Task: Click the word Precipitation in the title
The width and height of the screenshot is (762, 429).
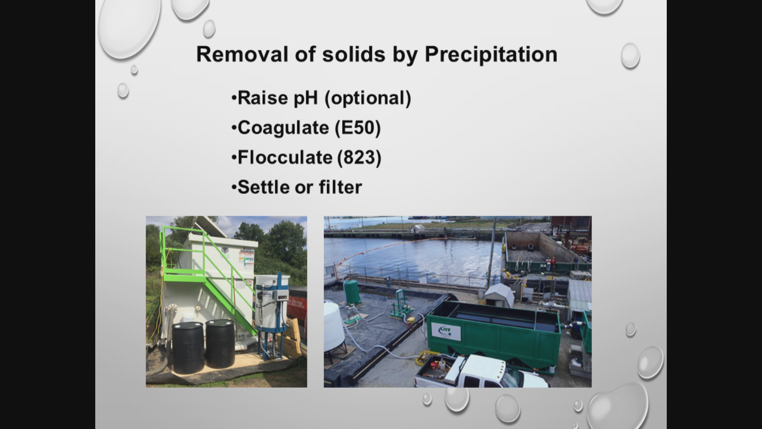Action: click(x=491, y=54)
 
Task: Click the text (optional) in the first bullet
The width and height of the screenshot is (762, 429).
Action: click(x=368, y=98)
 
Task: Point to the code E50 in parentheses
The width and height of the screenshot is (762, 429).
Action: click(x=358, y=128)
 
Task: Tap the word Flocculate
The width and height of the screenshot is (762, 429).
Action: click(x=285, y=158)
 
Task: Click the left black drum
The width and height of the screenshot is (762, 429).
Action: click(x=188, y=348)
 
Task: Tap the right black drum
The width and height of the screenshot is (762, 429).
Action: click(x=220, y=344)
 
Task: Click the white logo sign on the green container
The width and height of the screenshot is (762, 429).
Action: click(x=446, y=331)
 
